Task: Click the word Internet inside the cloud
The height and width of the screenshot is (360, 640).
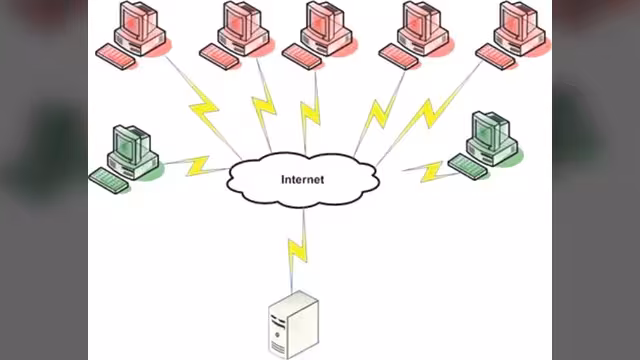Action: pos(302,180)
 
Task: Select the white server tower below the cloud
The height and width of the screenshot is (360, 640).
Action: pos(293,325)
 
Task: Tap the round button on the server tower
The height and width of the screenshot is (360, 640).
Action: pos(278,335)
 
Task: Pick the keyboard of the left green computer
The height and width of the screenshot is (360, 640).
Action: pos(109,180)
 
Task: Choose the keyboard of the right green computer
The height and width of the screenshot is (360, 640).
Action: pos(468,167)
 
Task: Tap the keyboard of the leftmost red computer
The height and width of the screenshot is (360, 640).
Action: pos(116,56)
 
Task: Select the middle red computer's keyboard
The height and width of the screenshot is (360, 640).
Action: pos(302,56)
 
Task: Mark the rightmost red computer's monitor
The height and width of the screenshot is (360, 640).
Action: pos(517,20)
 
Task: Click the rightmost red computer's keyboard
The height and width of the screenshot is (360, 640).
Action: pos(496,57)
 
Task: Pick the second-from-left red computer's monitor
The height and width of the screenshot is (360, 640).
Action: pos(241,20)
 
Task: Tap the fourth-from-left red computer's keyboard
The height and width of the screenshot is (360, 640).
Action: pos(399,56)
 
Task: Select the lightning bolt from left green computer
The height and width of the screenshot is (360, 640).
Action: pos(198,165)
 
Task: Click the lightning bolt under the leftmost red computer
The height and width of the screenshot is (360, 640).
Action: pos(204,108)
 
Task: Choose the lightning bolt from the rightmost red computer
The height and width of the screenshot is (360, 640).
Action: pos(428,114)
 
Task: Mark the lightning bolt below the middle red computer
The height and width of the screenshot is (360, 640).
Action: pos(310,113)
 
